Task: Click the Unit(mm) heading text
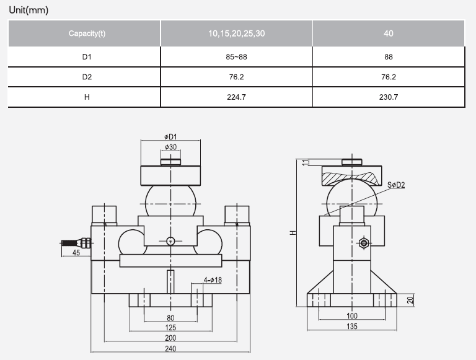(x=29, y=11)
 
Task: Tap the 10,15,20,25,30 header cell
(x=237, y=33)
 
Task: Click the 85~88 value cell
(x=237, y=56)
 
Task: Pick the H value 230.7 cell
(x=389, y=97)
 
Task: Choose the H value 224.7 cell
(x=237, y=97)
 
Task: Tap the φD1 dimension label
(x=170, y=136)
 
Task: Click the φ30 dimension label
(x=170, y=147)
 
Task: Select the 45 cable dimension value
(x=76, y=253)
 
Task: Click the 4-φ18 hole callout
(x=213, y=281)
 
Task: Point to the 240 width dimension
(x=170, y=348)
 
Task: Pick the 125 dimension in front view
(x=170, y=327)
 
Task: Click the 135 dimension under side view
(x=351, y=326)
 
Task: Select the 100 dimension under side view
(x=351, y=316)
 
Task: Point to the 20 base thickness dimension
(x=410, y=300)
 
